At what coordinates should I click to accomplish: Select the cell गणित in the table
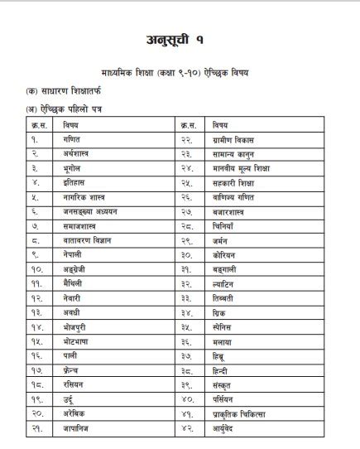72,140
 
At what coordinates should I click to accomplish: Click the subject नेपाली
73,253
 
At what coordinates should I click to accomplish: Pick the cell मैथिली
74,282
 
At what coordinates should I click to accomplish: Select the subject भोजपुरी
75,326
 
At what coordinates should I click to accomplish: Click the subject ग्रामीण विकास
231,140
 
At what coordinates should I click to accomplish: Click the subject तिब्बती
223,297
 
